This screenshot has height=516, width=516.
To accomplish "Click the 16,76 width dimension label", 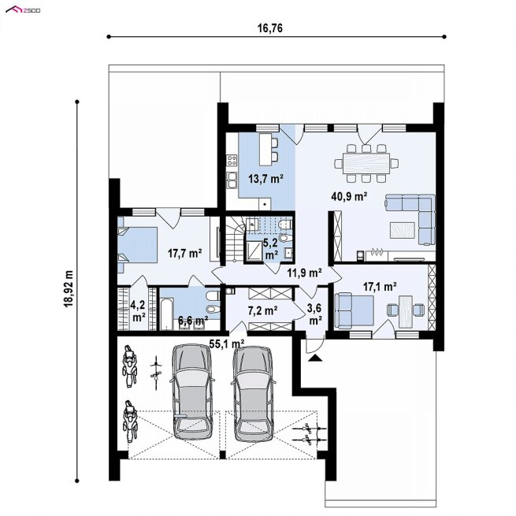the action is click(x=269, y=28).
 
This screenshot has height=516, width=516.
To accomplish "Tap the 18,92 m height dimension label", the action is click(x=69, y=289).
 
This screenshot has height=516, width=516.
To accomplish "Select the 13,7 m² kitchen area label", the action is click(x=266, y=179).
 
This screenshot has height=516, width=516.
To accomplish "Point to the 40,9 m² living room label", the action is click(x=349, y=196).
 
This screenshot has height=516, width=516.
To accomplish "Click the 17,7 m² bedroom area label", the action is click(x=184, y=254).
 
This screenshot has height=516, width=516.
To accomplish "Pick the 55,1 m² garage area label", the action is click(x=227, y=344).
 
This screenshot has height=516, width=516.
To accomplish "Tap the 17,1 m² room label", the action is click(x=380, y=287).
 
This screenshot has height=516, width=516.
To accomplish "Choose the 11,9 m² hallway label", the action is click(x=304, y=273).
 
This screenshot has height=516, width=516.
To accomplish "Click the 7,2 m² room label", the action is click(x=262, y=310).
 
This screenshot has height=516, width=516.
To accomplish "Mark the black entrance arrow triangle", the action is click(x=316, y=358).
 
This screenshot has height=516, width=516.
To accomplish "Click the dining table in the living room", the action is click(x=366, y=163).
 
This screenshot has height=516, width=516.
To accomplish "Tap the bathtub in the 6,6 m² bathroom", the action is click(x=166, y=314).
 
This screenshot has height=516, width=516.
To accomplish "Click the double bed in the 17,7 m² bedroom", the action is click(x=137, y=245).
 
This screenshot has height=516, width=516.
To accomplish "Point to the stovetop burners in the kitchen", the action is click(x=232, y=161).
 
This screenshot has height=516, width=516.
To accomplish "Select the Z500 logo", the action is click(x=23, y=10).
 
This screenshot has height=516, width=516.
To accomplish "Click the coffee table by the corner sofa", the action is click(x=403, y=230).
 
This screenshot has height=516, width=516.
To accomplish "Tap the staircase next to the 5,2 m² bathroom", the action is click(x=235, y=238).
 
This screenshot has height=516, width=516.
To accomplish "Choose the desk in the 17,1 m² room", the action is click(x=406, y=312).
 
